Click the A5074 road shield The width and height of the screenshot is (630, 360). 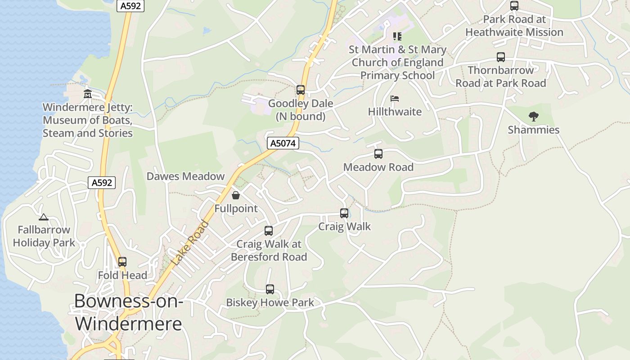(283, 143)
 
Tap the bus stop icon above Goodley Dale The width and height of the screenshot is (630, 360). (301, 90)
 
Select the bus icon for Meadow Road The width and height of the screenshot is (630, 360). (378, 154)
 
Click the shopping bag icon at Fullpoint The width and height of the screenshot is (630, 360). (235, 195)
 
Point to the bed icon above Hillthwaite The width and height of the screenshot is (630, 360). (395, 99)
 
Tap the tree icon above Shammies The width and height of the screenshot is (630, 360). (533, 117)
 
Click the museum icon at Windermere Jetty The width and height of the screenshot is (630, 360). (88, 94)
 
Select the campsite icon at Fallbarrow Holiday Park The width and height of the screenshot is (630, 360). (44, 217)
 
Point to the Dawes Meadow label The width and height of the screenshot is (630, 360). (185, 176)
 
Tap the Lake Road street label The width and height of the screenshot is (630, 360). (190, 242)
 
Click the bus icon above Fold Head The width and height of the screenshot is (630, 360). (122, 262)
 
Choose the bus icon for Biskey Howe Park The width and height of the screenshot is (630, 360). (270, 289)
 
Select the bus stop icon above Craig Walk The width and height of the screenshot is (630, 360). (344, 213)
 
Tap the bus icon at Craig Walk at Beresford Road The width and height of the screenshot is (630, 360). (269, 231)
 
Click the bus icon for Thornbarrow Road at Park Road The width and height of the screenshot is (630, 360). (501, 57)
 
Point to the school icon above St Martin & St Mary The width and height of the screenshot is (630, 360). (397, 36)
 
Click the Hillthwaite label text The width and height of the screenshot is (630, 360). (395, 112)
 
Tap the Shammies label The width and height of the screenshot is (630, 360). (533, 130)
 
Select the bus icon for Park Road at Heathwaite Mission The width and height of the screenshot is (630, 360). (514, 6)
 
